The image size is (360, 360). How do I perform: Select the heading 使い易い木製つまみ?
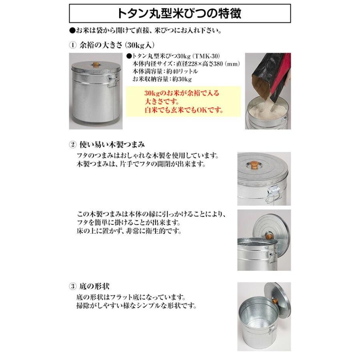pyautogui.click(x=113, y=144)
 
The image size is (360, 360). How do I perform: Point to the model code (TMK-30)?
pyautogui.click(x=212, y=57)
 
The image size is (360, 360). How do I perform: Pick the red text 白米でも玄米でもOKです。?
pyautogui.click(x=184, y=110)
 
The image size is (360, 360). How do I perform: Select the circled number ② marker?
pyautogui.click(x=72, y=144)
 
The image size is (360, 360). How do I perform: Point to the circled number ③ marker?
pyautogui.click(x=72, y=286)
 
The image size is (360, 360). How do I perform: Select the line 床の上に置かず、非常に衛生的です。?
pyautogui.click(x=130, y=231)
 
